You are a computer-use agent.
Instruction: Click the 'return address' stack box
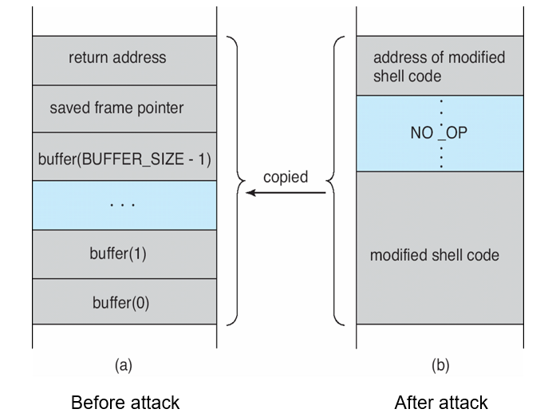[124, 60]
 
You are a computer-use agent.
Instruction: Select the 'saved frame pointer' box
[124, 108]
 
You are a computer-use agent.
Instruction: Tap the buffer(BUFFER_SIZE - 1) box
[124, 157]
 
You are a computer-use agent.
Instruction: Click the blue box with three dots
[124, 205]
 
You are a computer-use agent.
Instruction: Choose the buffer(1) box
[124, 254]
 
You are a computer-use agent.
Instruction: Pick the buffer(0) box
[124, 301]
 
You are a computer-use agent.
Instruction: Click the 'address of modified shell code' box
[440, 66]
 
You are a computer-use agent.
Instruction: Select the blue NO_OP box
[440, 133]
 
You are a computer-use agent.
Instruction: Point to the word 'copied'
[285, 177]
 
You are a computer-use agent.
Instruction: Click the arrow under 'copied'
[285, 193]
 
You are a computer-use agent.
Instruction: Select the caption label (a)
[124, 365]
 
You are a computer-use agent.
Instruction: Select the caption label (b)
[440, 365]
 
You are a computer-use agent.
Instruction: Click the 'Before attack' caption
[125, 402]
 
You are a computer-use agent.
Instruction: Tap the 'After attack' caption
[440, 402]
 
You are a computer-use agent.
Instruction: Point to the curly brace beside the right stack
[337, 180]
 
